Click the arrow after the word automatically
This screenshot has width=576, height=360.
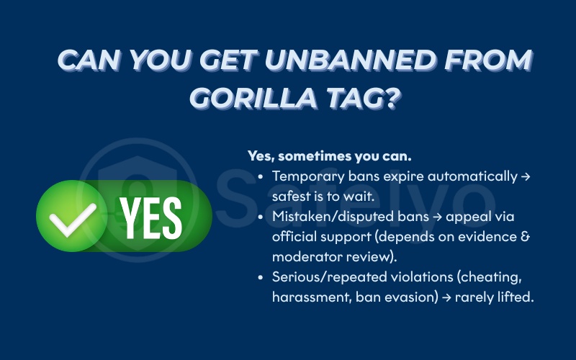click(x=525, y=176)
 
